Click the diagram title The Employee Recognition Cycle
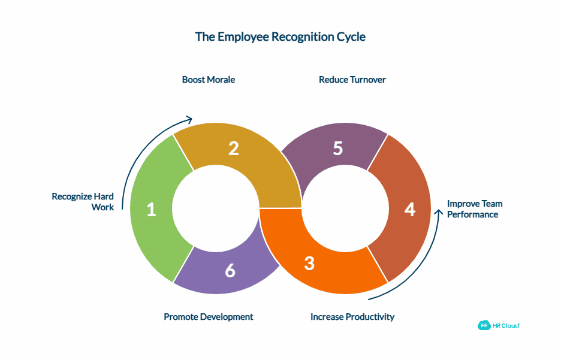pos(280,37)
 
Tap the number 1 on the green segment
pos(151,210)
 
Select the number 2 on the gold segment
pos(233,149)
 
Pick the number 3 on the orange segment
pos(309,263)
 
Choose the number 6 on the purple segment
pos(230,271)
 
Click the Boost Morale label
pos(209,79)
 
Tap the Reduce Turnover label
pos(352,79)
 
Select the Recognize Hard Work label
pos(83,202)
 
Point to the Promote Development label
pos(209,316)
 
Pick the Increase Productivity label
pos(352,316)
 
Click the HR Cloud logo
pos(499,325)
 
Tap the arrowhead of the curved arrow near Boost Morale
pos(189,119)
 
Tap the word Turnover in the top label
pos(367,79)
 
